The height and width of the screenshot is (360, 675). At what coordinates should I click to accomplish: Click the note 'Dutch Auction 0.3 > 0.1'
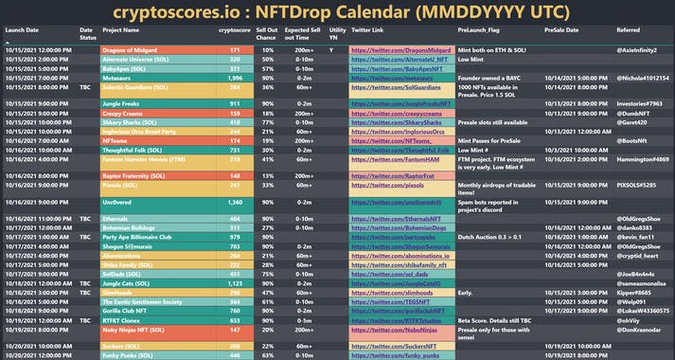(x=492, y=237)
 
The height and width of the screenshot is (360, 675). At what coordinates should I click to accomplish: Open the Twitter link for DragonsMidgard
(x=400, y=48)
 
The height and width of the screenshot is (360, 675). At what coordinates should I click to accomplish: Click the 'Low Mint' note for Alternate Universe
(x=471, y=59)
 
